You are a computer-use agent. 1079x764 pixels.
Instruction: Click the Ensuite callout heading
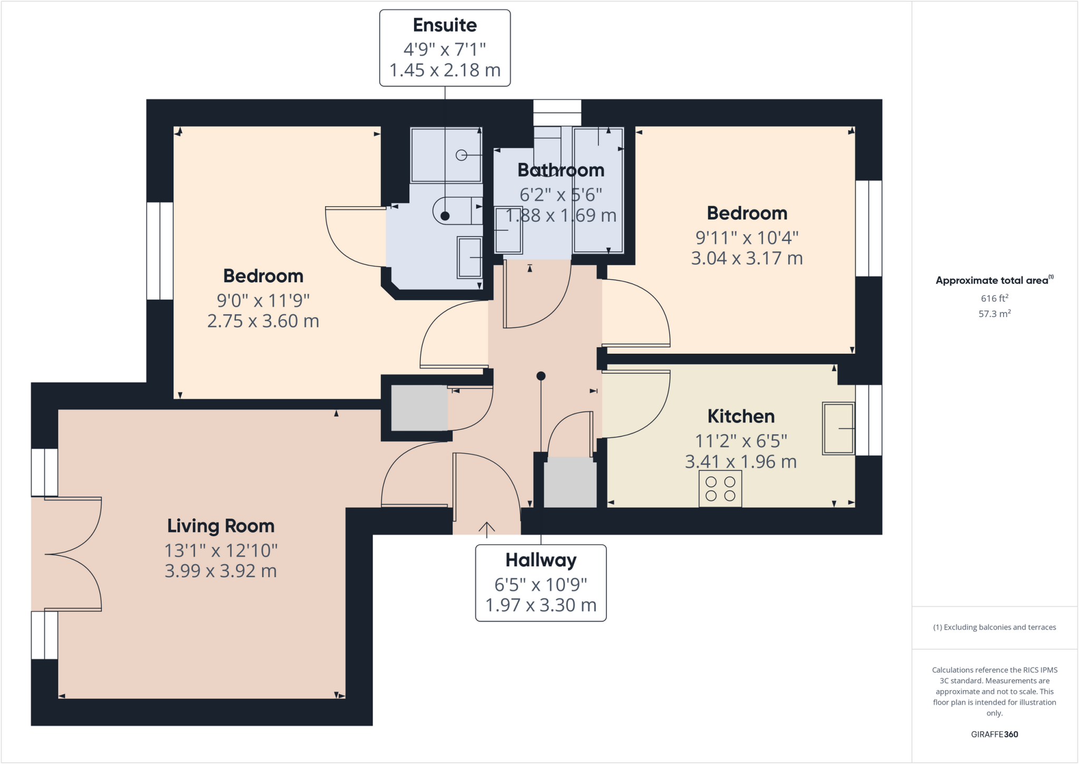(x=445, y=25)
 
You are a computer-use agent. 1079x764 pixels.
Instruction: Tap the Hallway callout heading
(x=541, y=560)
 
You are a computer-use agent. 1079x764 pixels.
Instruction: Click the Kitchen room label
(x=741, y=417)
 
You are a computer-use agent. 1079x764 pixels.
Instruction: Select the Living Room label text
(x=221, y=526)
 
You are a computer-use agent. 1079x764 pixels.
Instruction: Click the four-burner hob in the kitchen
(x=720, y=489)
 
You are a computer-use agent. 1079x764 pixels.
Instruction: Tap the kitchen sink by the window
(x=838, y=428)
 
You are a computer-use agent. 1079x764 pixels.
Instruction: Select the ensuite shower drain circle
(x=462, y=155)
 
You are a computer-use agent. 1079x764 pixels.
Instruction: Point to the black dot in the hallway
(x=541, y=376)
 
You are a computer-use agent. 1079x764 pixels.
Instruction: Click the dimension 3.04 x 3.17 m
(x=747, y=258)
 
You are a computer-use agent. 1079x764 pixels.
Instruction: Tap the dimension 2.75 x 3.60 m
(x=263, y=321)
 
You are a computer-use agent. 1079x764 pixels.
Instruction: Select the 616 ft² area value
(x=994, y=298)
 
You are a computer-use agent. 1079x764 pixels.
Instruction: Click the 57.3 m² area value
(x=994, y=314)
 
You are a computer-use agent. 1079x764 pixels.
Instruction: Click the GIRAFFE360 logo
(x=994, y=734)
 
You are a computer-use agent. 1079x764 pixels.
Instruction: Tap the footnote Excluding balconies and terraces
(x=994, y=627)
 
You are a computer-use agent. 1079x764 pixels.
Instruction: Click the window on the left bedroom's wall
(x=160, y=251)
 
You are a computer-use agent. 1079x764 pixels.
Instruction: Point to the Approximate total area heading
(x=993, y=281)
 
